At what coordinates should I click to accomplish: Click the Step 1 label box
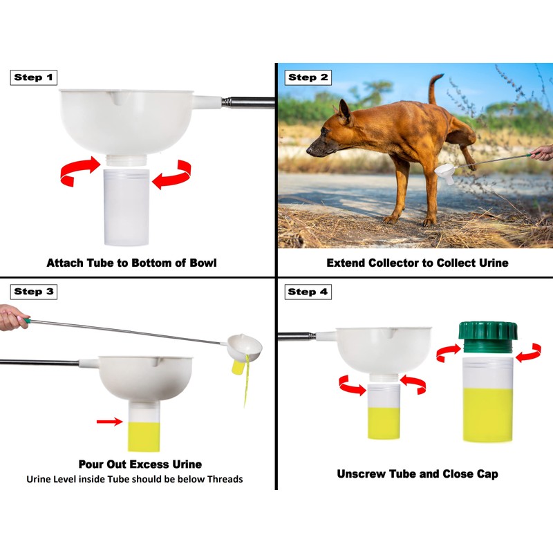(33, 77)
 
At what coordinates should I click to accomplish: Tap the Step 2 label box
(308, 77)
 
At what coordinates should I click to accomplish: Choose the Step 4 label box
(308, 292)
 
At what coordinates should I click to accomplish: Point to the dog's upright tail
(434, 90)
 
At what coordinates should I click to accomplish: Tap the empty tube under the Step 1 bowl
(126, 207)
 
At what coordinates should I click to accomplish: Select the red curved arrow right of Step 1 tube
(173, 174)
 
